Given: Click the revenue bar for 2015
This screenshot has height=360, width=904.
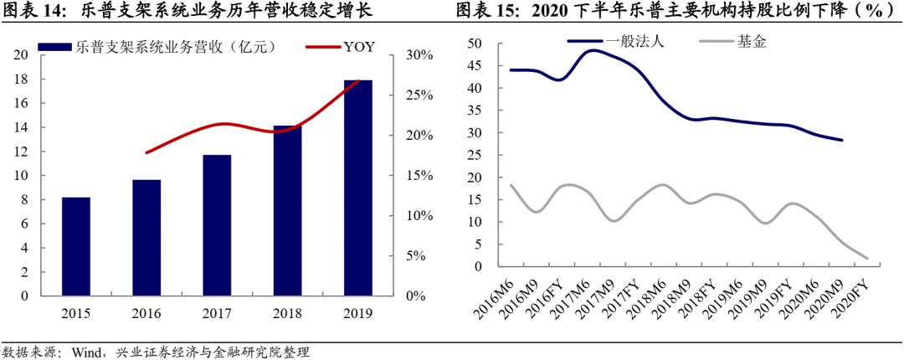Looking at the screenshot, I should [x=76, y=246].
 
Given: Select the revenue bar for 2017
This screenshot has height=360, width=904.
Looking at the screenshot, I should [x=217, y=225].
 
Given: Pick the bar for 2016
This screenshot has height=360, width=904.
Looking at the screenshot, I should [x=146, y=238].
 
